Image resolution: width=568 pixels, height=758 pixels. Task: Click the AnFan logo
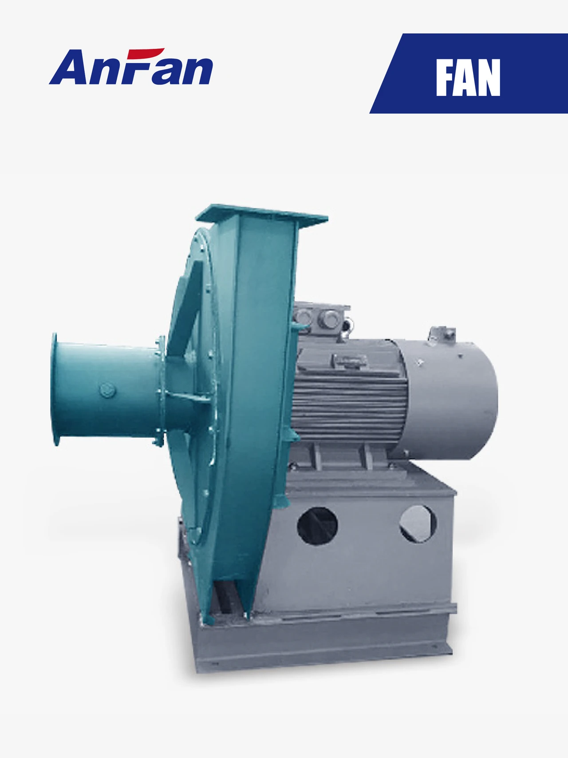131,68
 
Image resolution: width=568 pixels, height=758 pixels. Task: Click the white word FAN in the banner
468,78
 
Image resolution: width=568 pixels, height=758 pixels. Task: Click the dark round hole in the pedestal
317,526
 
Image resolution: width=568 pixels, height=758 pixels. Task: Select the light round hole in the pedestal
418,523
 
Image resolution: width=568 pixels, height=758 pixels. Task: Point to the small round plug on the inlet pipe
107,390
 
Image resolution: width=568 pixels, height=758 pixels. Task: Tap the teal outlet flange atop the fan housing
262,215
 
